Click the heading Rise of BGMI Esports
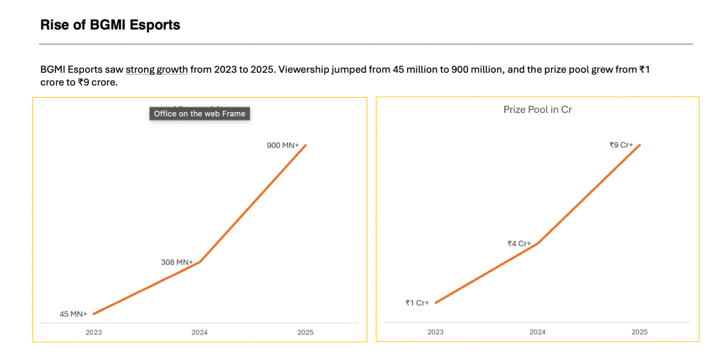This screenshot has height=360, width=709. click(x=110, y=25)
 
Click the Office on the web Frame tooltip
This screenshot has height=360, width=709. click(x=199, y=114)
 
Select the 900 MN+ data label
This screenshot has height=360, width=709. click(x=282, y=145)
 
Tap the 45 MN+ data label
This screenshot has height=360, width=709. click(x=73, y=314)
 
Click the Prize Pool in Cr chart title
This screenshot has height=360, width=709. click(x=537, y=109)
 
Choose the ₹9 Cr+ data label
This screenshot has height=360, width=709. click(x=621, y=145)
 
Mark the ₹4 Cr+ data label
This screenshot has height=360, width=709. click(x=519, y=244)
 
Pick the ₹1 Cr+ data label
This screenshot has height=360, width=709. click(x=418, y=303)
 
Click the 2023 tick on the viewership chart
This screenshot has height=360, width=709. click(x=93, y=332)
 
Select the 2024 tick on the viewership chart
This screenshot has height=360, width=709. click(x=199, y=332)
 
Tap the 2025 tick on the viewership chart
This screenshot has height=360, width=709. click(x=305, y=332)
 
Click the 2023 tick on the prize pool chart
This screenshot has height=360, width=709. click(x=436, y=332)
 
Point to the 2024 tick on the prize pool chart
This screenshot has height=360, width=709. click(x=537, y=332)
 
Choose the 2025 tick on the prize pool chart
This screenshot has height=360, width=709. click(x=640, y=332)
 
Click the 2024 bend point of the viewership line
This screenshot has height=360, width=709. click(x=199, y=262)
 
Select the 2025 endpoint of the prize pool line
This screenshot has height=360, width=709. click(x=640, y=145)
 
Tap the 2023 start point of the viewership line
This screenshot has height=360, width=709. click(x=93, y=314)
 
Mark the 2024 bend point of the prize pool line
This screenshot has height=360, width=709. click(x=537, y=243)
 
